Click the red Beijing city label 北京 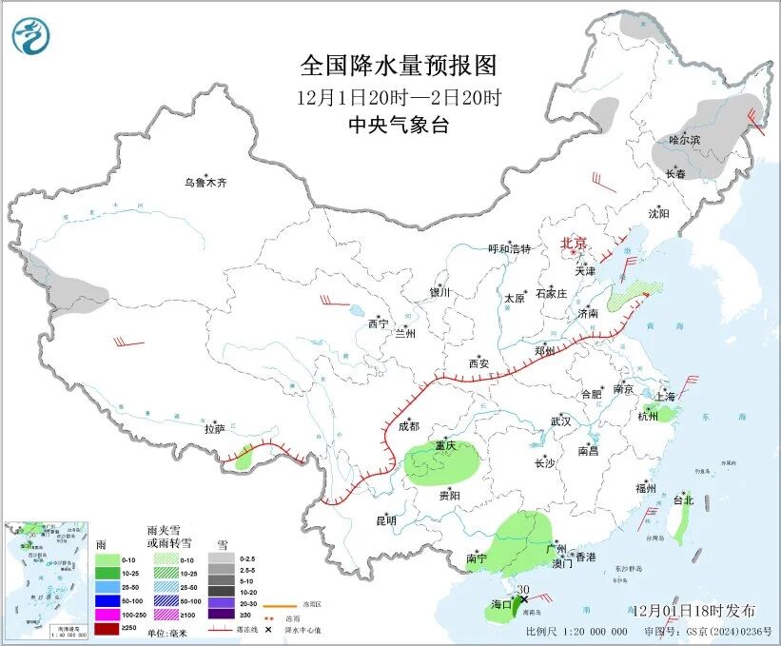(x=575, y=243)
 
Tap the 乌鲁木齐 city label (x=206, y=182)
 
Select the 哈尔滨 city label (x=683, y=140)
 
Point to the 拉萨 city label (x=213, y=429)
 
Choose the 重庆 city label (x=446, y=445)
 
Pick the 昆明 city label (x=385, y=519)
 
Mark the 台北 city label (x=683, y=499)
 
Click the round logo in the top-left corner (x=31, y=36)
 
